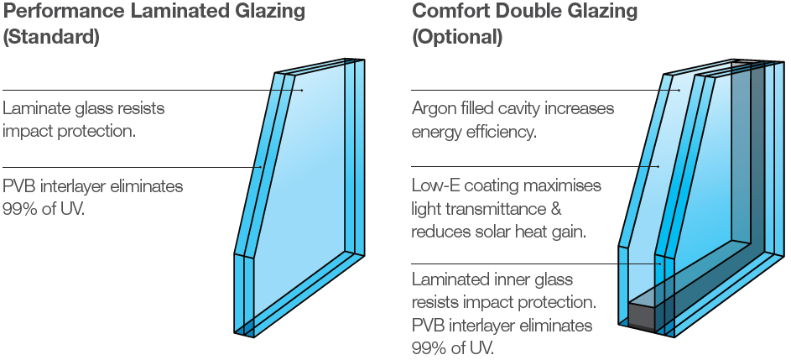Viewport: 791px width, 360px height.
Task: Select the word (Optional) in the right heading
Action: point(457,38)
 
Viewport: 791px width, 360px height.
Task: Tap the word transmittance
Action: point(487,208)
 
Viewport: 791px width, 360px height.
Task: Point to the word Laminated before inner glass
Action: point(446,278)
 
